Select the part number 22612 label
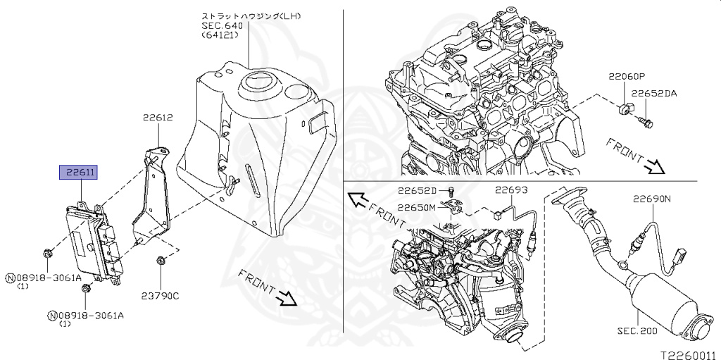tap(158, 118)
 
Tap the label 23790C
tap(161, 296)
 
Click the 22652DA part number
tap(653, 93)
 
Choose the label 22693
tap(510, 190)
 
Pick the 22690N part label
tap(651, 199)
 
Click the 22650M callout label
tap(417, 207)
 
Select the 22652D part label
tap(417, 190)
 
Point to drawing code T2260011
tap(687, 354)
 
